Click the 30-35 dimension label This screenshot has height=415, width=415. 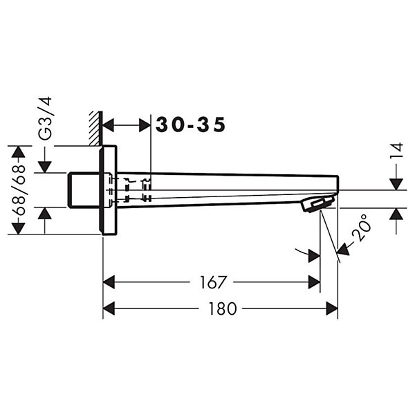(191, 124)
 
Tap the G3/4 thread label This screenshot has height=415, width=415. (45, 118)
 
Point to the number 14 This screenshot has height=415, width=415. (396, 150)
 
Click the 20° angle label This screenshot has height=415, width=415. (361, 227)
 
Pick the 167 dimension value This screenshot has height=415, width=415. (212, 282)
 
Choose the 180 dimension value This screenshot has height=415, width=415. (222, 308)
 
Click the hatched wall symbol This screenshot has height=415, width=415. (95, 129)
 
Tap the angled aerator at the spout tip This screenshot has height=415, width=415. (317, 204)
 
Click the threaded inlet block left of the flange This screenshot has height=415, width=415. (84, 190)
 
